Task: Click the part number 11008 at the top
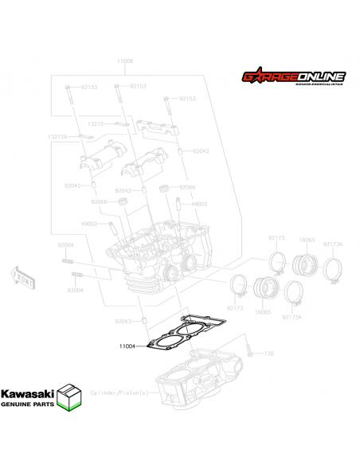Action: coord(125,61)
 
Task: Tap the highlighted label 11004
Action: coord(128,346)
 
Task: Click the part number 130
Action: coord(268,353)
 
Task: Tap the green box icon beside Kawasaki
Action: coord(72,397)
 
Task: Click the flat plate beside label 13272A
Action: coord(83,137)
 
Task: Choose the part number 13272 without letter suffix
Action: coord(95,124)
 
